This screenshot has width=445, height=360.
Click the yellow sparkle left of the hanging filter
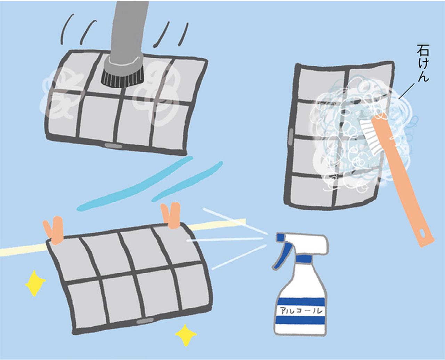35,283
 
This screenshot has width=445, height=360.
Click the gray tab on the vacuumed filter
113,145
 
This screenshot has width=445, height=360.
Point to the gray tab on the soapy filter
290,136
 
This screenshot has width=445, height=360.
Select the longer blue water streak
135,184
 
